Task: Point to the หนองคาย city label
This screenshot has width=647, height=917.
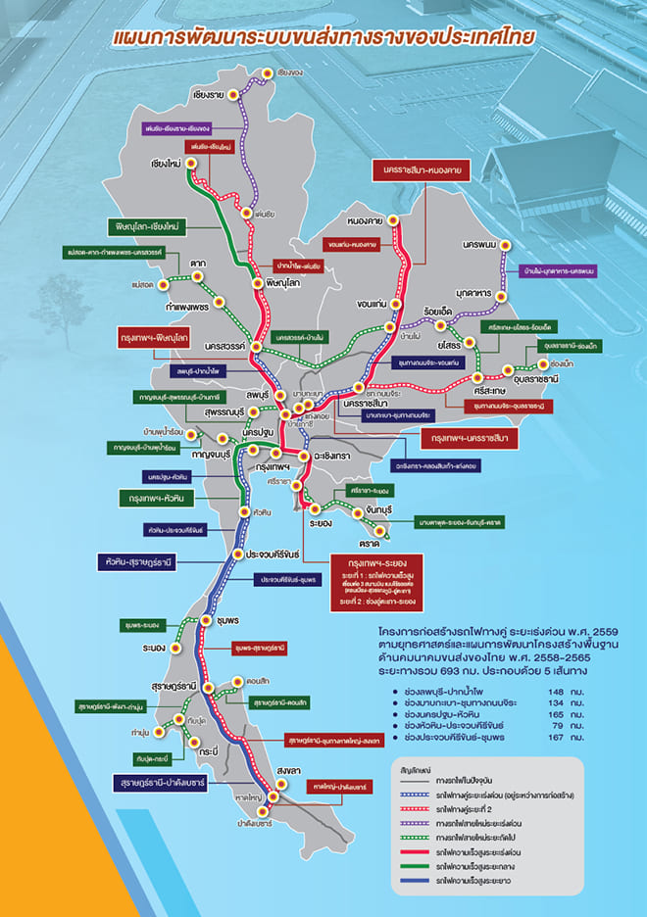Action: tap(364, 220)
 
